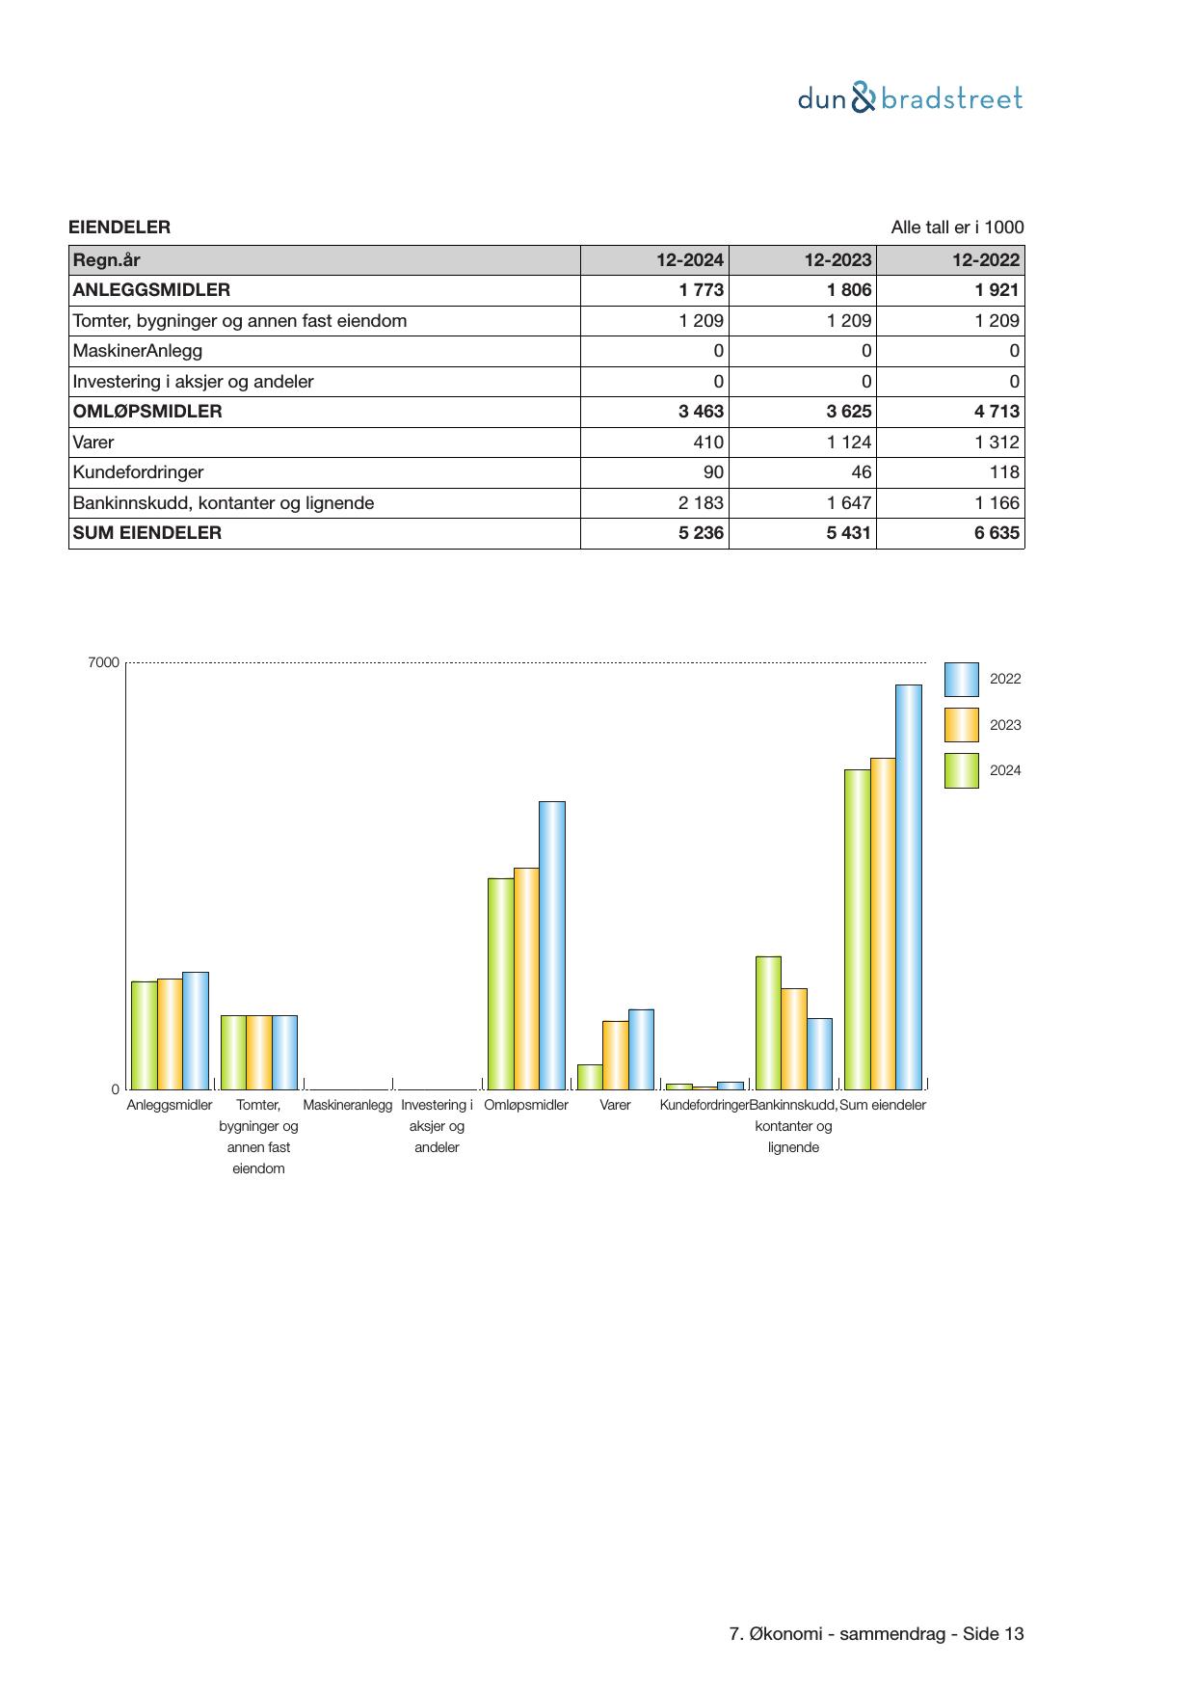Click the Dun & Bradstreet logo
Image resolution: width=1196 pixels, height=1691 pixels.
(x=910, y=98)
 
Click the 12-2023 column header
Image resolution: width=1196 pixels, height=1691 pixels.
(x=837, y=259)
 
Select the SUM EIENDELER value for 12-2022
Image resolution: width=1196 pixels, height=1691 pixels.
(x=997, y=533)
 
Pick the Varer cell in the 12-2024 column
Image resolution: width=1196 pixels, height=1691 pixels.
(x=708, y=443)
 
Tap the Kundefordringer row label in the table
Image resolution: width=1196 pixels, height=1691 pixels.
(x=139, y=472)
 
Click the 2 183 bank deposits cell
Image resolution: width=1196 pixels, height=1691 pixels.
(x=701, y=503)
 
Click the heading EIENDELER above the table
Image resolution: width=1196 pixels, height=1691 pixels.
(x=120, y=228)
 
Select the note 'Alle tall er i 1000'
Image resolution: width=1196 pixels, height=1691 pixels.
(x=957, y=228)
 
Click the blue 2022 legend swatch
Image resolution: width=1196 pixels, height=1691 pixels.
(x=961, y=680)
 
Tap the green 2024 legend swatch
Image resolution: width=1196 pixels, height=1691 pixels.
(x=961, y=770)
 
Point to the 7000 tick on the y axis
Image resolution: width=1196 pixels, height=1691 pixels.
(x=104, y=663)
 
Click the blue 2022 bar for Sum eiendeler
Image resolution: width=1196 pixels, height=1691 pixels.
(x=909, y=887)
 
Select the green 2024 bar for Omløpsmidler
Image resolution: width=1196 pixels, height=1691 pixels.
(x=500, y=983)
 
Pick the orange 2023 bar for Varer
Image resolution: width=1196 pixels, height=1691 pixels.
(x=615, y=1055)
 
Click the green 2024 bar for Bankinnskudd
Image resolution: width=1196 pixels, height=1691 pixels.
(x=768, y=1022)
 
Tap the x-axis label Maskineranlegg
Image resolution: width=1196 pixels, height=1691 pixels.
(x=348, y=1105)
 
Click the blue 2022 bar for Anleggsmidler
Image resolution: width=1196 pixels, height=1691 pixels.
(x=196, y=1030)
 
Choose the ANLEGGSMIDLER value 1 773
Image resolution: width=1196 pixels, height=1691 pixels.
(x=701, y=290)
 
